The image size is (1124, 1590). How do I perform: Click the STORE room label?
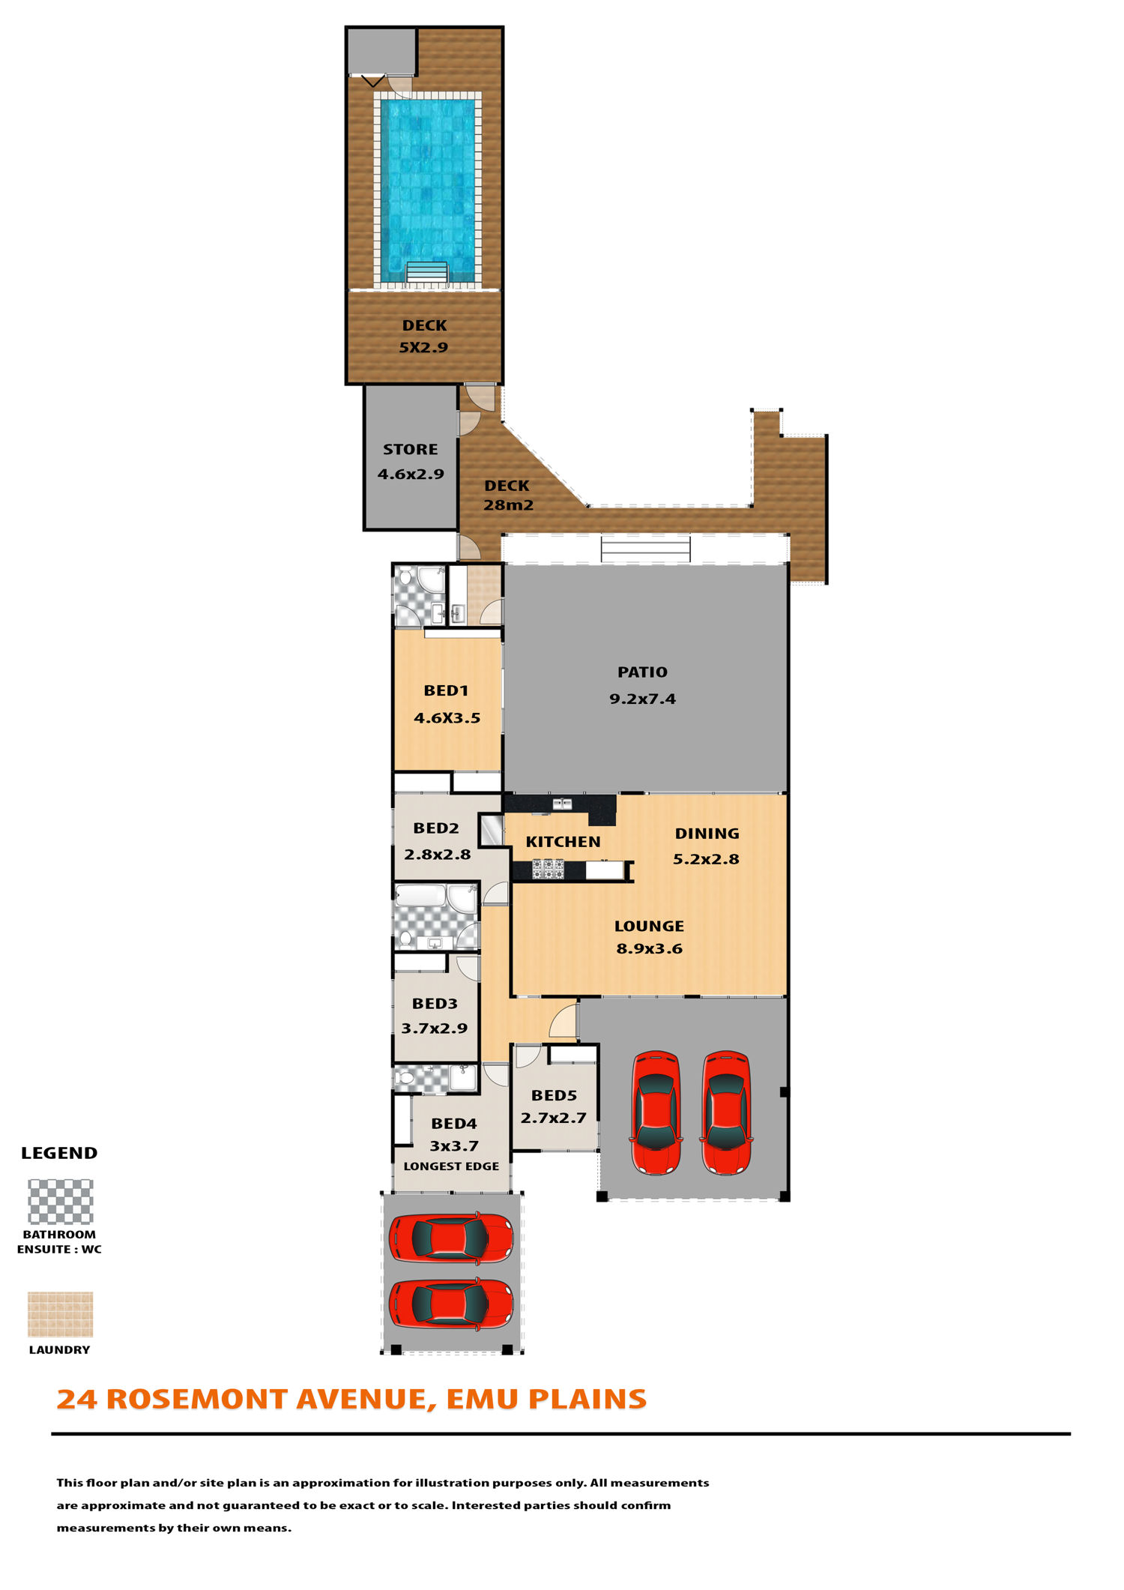411,450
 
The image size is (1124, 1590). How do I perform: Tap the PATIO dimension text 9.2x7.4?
642,699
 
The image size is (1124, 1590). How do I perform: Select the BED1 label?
446,690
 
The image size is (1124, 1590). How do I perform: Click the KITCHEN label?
563,842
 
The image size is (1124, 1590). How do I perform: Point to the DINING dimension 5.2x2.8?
706,859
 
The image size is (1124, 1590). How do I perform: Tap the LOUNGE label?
649,927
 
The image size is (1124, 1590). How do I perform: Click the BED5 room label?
554,1095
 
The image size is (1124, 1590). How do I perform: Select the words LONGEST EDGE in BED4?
451,1166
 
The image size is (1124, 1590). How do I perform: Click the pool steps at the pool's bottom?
427,272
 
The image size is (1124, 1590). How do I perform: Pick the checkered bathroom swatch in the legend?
61,1202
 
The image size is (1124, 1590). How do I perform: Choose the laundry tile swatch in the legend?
61,1314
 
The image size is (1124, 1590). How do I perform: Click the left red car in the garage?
656,1112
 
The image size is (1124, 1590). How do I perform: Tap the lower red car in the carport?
451,1304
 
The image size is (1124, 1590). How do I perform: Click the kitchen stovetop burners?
549,870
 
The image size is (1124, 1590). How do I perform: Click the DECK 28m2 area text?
508,496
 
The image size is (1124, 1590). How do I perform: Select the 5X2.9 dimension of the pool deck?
423,347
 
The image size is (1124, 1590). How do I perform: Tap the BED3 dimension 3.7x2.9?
435,1028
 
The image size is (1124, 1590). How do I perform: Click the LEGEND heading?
59,1153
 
